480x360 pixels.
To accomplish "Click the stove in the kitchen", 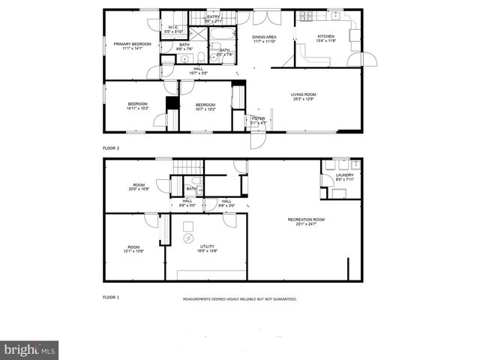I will point(306,16).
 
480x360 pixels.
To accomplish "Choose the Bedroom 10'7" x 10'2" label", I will point(205,106).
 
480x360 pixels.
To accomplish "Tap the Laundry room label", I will point(344,177).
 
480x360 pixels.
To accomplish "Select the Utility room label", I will point(208,248).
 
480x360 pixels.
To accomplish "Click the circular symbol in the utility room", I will point(188,238).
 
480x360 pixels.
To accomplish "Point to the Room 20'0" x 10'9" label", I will point(139,187).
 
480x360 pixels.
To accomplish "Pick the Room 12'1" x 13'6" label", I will point(133,249).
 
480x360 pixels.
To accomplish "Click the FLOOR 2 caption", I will point(111,148).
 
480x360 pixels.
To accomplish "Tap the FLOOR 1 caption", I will point(111,297).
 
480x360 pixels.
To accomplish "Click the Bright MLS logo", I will point(30,350).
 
